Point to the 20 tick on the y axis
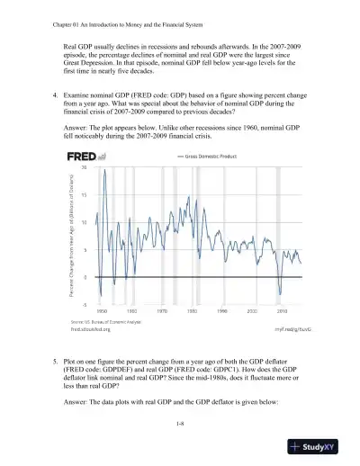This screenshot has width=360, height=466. point(84,166)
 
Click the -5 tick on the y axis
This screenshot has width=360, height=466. point(84,304)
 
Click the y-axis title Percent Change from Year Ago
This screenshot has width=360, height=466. point(73,236)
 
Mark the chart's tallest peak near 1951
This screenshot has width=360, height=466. point(104,170)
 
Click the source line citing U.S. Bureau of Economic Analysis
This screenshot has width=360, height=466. point(104,321)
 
